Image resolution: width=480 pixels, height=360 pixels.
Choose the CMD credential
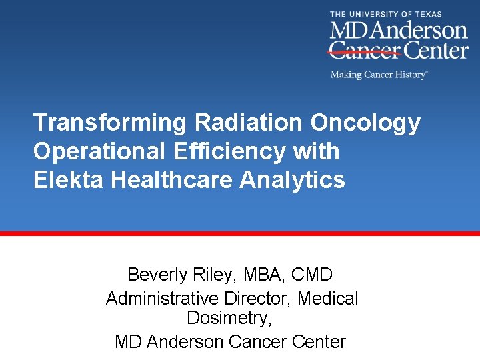pyautogui.click(x=313, y=274)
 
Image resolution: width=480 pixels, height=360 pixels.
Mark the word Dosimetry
pyautogui.click(x=229, y=319)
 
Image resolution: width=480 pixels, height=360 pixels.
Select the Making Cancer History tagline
pyautogui.click(x=378, y=75)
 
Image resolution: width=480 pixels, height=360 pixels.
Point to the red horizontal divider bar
pyautogui.click(x=240, y=233)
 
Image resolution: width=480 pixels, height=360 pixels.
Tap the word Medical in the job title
pyautogui.click(x=328, y=299)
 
